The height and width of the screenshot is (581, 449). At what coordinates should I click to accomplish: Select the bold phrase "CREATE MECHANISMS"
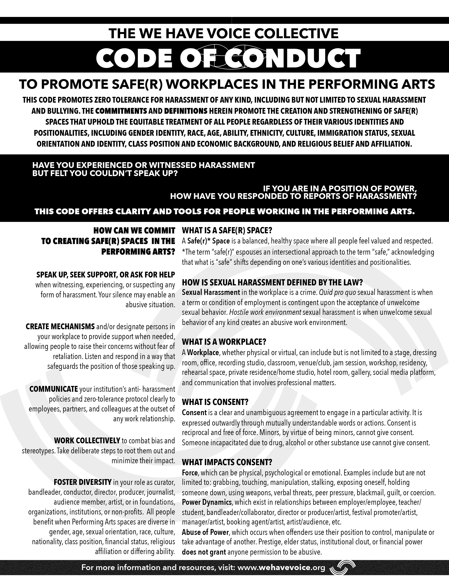point(60,326)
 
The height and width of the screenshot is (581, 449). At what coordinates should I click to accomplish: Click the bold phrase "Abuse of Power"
point(205,532)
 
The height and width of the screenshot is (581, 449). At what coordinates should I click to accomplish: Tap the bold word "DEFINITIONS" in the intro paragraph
point(186,111)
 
